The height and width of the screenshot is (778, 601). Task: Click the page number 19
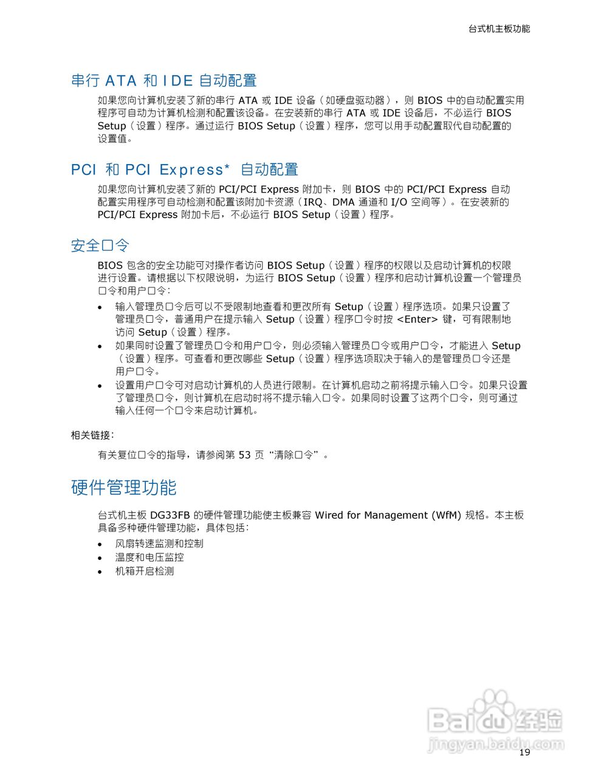524,752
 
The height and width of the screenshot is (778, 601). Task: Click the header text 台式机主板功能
499,29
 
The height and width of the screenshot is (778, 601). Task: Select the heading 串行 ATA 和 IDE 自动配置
164,80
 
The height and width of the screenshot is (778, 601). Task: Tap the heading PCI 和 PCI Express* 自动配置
185,170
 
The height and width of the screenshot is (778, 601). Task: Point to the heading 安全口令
100,246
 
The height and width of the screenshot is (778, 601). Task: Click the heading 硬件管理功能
124,487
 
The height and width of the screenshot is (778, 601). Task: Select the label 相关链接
91,435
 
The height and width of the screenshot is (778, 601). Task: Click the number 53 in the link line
244,455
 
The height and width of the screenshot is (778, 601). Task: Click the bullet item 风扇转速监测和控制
159,543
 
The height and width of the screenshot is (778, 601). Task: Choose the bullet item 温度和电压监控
149,557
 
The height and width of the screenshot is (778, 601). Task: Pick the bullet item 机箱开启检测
145,571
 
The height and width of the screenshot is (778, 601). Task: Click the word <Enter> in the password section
417,319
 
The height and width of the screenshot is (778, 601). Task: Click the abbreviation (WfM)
446,515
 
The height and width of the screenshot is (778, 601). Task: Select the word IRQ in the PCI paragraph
313,202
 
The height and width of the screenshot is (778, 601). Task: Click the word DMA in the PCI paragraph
343,202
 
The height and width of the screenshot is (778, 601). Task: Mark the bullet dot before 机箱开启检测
100,572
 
